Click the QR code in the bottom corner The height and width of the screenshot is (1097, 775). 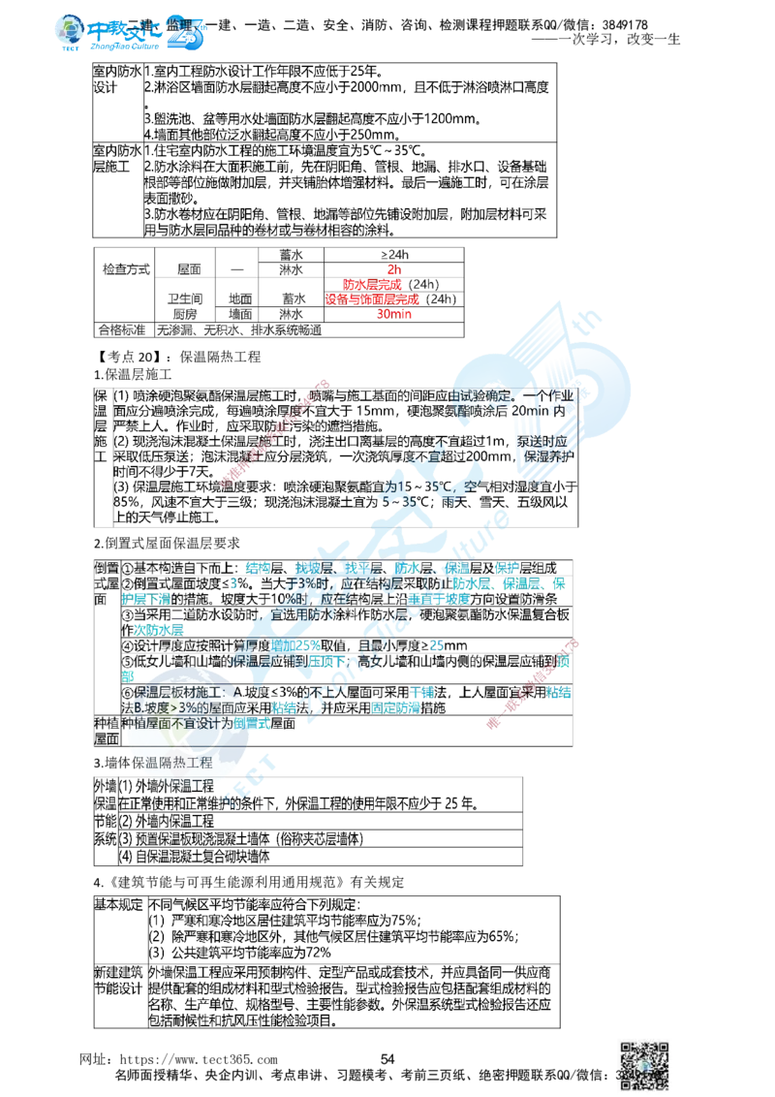(644, 1062)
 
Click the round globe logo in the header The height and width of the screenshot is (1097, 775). (71, 31)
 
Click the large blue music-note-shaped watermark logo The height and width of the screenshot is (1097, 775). (547, 383)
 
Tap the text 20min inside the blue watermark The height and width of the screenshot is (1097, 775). (531, 412)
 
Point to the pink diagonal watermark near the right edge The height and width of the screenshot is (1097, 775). (534, 682)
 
